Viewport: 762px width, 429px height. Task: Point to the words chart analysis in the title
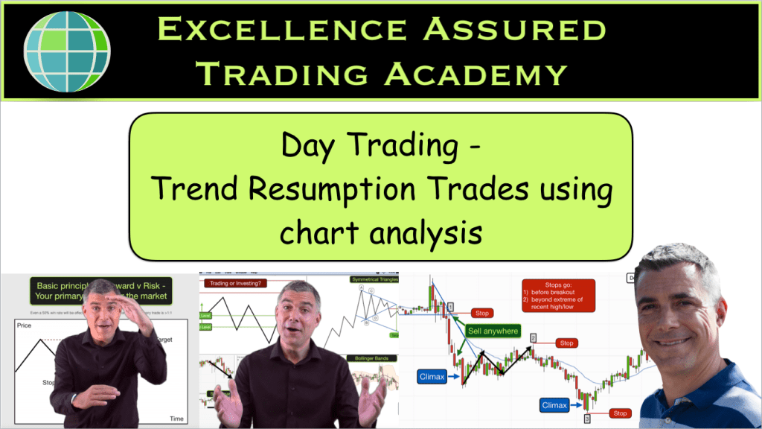pyautogui.click(x=381, y=232)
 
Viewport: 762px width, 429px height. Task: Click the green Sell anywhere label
pyautogui.click(x=492, y=330)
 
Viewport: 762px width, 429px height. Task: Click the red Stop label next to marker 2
pyautogui.click(x=566, y=343)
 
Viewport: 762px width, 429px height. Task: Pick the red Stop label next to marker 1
pyautogui.click(x=482, y=314)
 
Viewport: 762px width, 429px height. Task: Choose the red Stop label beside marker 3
pyautogui.click(x=619, y=413)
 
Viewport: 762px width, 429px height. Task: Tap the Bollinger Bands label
pyautogui.click(x=371, y=357)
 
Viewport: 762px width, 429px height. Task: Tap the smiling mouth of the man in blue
pyautogui.click(x=673, y=341)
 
